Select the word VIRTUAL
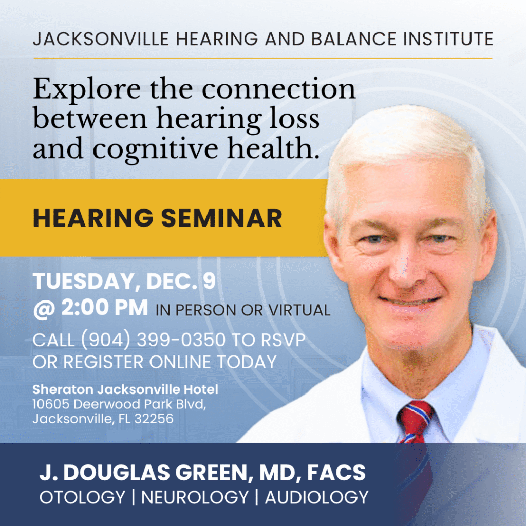(300, 310)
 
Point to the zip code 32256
(154, 419)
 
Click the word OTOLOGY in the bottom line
(82, 497)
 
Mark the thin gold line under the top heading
(262, 58)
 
